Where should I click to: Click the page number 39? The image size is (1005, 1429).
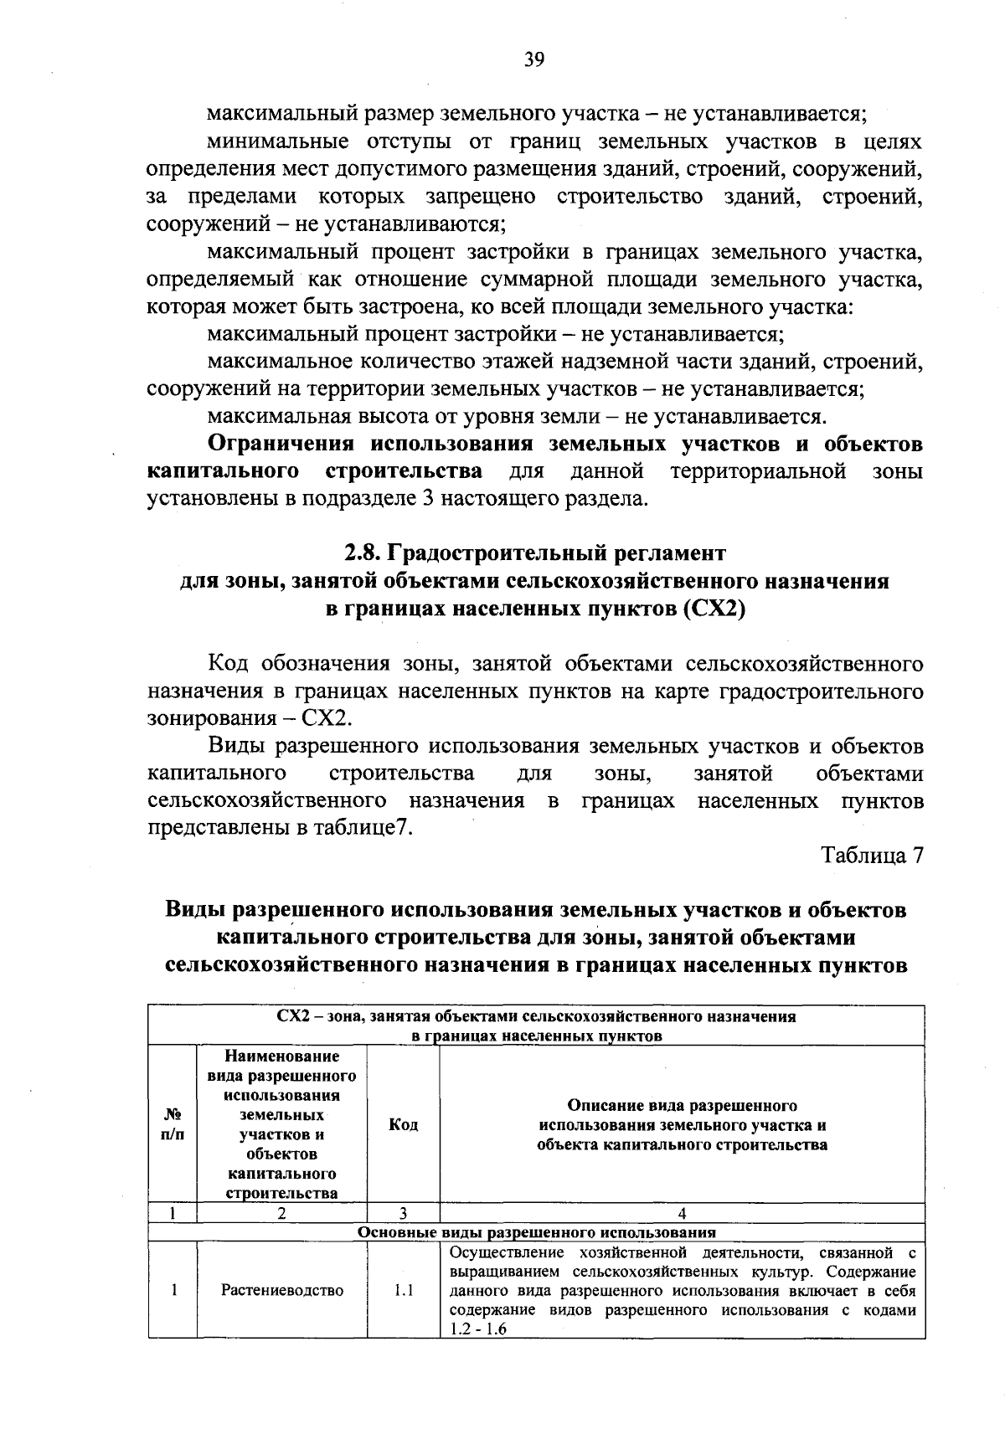pyautogui.click(x=534, y=59)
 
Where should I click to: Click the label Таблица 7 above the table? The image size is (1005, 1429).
pyautogui.click(x=872, y=856)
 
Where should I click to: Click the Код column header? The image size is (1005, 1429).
pyautogui.click(x=404, y=1125)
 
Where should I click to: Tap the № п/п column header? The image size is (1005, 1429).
pyautogui.click(x=173, y=1125)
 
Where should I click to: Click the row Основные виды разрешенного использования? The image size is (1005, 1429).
pyautogui.click(x=536, y=1233)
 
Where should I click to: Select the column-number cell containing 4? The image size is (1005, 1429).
pyautogui.click(x=682, y=1213)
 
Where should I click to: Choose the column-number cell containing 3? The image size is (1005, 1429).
pyautogui.click(x=403, y=1213)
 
